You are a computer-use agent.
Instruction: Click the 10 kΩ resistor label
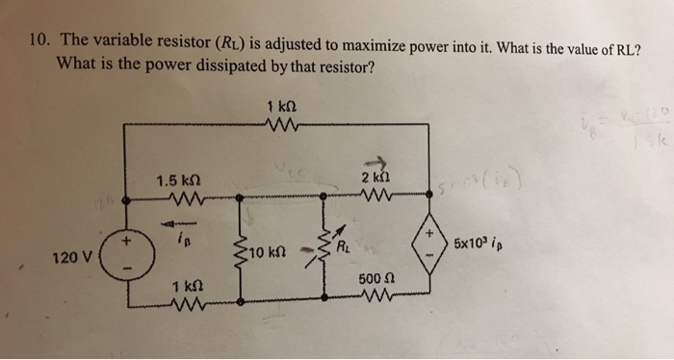coord(263,253)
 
